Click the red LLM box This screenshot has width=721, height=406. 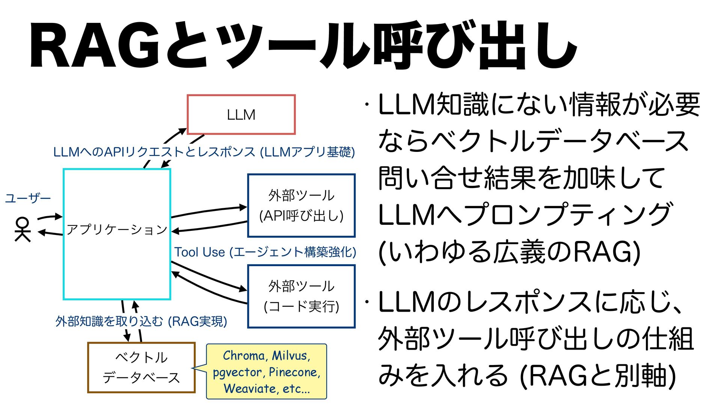click(x=241, y=115)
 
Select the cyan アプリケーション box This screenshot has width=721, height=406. click(x=117, y=234)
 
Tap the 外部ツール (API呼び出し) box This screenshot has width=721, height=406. click(x=301, y=205)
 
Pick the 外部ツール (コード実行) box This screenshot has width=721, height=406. click(x=301, y=296)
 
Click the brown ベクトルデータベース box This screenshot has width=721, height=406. click(x=141, y=367)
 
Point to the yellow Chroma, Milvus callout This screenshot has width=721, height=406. click(x=267, y=371)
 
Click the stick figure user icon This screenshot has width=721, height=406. click(x=22, y=229)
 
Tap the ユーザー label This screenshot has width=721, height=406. click(x=28, y=198)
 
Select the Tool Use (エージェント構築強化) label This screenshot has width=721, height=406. click(x=265, y=252)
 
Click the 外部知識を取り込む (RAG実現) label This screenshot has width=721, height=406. click(x=141, y=321)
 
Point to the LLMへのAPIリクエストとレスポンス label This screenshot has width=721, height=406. click(x=204, y=152)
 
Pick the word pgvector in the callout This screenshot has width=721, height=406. click(x=237, y=373)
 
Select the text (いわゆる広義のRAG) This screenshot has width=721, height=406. click(x=509, y=252)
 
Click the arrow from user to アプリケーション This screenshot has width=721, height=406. click(x=50, y=217)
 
